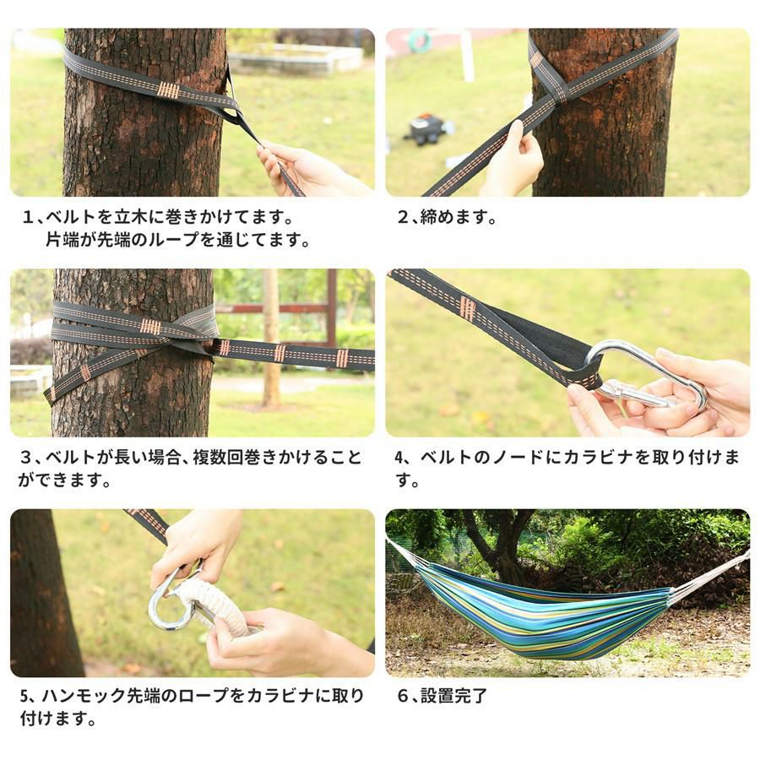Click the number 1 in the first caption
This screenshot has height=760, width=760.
coord(28,217)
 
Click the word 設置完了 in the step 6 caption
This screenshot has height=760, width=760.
coord(453,696)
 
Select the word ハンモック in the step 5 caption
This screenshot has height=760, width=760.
coord(84,696)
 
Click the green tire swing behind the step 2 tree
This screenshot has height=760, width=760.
coord(419,41)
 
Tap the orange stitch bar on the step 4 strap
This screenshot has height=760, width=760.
coord(467,307)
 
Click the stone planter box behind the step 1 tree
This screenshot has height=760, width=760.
coord(296,60)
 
